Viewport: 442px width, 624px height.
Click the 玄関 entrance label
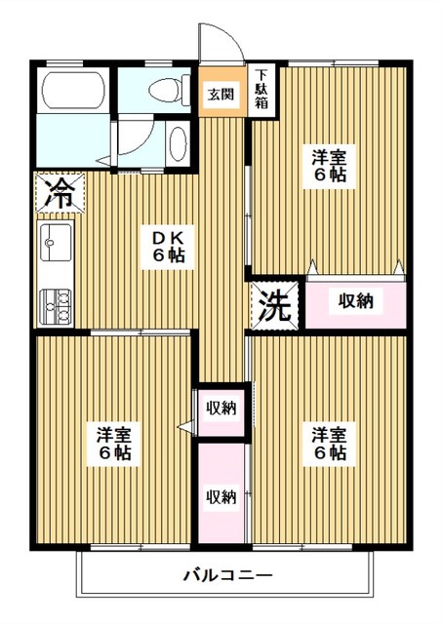219,95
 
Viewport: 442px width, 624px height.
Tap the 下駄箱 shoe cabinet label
261,88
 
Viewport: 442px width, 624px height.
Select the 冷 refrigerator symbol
58,192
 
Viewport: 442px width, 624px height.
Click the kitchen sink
56,240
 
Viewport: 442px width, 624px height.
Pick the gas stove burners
56,305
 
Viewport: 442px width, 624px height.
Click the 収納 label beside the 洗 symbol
355,301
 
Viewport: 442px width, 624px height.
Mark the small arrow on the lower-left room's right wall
182,426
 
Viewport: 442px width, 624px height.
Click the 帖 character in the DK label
176,255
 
